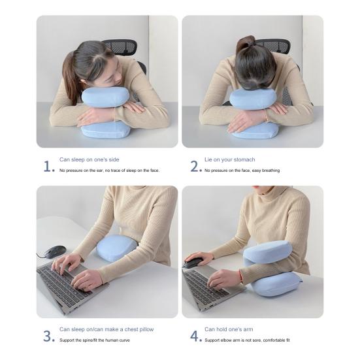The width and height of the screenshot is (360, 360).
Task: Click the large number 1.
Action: pos(48,166)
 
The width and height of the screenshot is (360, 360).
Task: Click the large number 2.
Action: pos(195,166)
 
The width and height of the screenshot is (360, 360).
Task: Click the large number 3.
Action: pos(48,336)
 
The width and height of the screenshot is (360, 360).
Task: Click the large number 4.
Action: pos(195,336)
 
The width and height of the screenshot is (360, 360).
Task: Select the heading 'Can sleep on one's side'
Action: pos(89,159)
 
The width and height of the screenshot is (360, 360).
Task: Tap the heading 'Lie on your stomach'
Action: pos(229,159)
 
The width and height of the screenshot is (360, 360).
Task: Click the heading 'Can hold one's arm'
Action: pos(231,329)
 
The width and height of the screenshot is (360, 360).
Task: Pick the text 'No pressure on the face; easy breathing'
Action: pos(242,171)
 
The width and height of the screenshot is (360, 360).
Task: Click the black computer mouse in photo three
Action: pos(55,252)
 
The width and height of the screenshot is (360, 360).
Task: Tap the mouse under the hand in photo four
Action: pos(193,263)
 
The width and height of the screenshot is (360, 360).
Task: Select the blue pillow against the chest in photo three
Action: pos(116,248)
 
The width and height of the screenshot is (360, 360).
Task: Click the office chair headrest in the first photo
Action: pos(121,48)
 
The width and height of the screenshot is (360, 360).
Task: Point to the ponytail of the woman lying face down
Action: pos(245,44)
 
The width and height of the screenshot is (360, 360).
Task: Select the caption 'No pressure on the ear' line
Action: pos(109,171)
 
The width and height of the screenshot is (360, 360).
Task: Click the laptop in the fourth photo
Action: pos(203,287)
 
